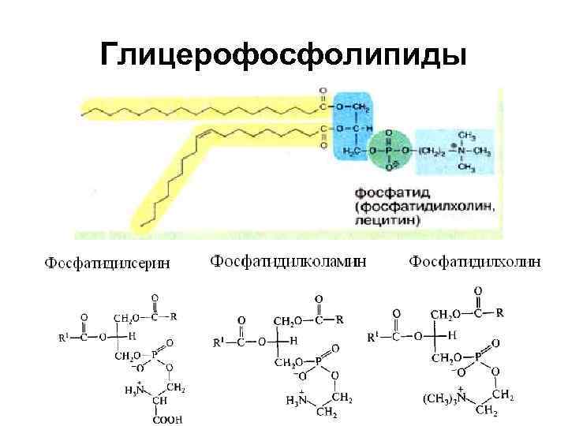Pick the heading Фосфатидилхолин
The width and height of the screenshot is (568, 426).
pyautogui.click(x=475, y=262)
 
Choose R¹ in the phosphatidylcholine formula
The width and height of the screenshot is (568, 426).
pyautogui.click(x=376, y=338)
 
